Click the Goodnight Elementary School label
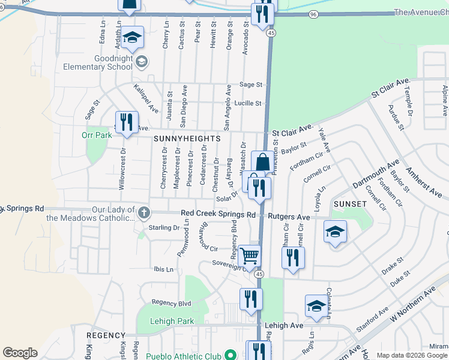(112, 62)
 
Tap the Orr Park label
(97, 135)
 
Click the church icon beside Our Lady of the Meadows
(143, 212)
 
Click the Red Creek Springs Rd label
(218, 214)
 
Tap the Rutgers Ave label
(289, 217)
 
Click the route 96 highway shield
(313, 13)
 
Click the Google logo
(20, 353)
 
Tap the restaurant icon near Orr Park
(127, 122)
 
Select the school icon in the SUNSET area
(335, 232)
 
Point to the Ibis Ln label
(163, 269)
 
